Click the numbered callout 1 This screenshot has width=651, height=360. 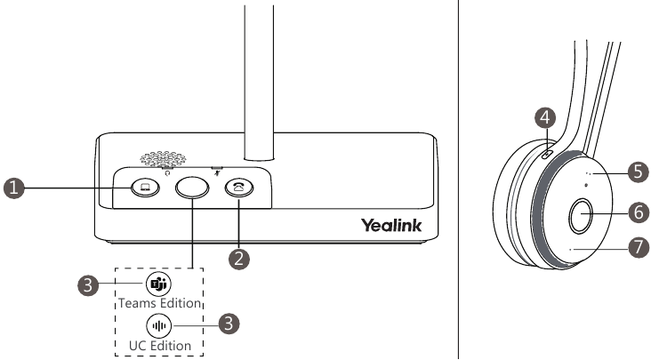[13, 188]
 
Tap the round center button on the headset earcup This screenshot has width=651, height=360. [583, 213]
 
